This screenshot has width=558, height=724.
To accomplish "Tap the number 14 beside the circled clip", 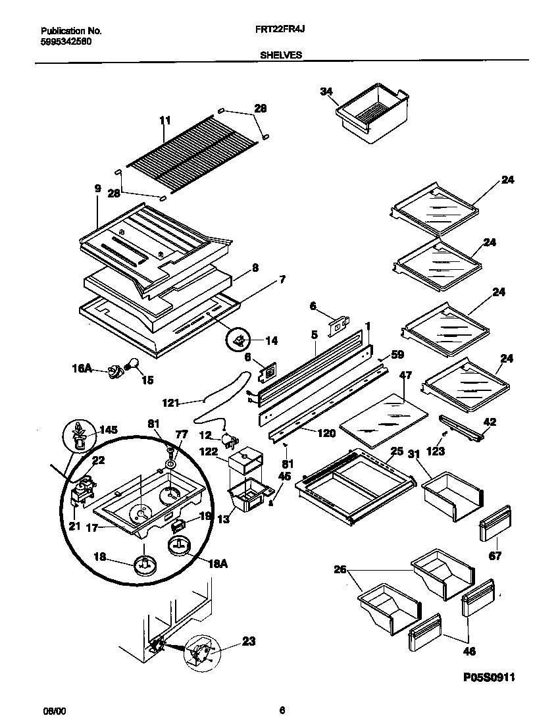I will click(x=272, y=340).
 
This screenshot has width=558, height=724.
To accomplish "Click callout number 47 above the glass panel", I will click(x=405, y=375).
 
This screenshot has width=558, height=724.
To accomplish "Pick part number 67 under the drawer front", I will click(x=495, y=556).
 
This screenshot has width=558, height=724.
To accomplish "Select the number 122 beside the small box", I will click(x=209, y=452).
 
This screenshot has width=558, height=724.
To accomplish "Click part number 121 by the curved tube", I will click(x=170, y=401).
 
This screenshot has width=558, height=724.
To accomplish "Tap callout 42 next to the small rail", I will click(x=490, y=422).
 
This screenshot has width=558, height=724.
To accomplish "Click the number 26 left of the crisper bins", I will click(x=340, y=570).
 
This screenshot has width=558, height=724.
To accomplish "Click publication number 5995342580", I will click(x=66, y=41).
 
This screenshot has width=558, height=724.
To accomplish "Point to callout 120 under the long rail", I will click(x=326, y=433).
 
